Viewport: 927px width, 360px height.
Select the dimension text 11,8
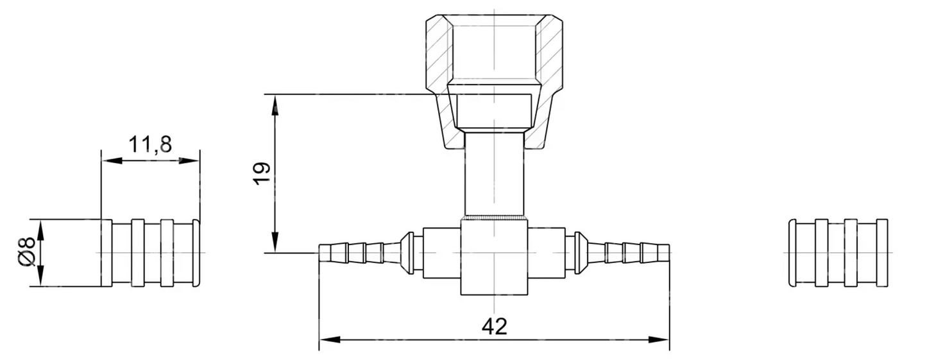[150, 145]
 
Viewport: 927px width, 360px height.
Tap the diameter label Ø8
[26, 253]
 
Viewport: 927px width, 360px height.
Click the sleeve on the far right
[837, 253]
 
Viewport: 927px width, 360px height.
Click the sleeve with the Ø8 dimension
[150, 253]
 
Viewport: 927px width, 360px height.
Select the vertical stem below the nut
[494, 173]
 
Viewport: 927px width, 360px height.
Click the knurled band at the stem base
[494, 218]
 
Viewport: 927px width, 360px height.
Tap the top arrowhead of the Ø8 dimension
[40, 228]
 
